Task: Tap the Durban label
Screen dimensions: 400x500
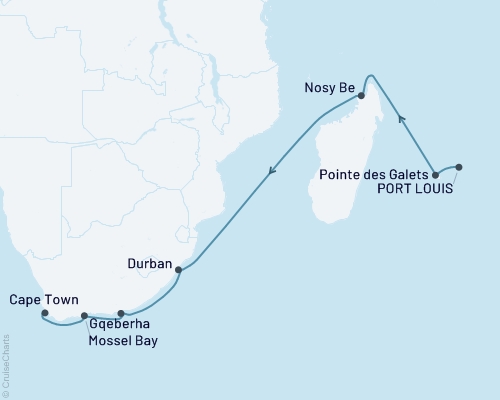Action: pyautogui.click(x=150, y=265)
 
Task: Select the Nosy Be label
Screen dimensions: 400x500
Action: pyautogui.click(x=329, y=87)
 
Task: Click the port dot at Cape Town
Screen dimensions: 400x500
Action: pyautogui.click(x=45, y=313)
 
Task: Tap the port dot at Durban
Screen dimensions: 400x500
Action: pyautogui.click(x=178, y=270)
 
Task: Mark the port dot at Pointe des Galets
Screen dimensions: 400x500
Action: pyautogui.click(x=435, y=175)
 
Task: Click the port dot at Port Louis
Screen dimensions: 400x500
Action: pyautogui.click(x=459, y=167)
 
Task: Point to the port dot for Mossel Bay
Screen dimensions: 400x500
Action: pyautogui.click(x=85, y=316)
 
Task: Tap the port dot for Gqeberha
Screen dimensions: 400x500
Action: pyautogui.click(x=121, y=314)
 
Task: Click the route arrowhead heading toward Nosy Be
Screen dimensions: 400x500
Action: pyautogui.click(x=401, y=119)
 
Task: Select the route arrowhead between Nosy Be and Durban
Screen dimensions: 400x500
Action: pyautogui.click(x=270, y=176)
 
